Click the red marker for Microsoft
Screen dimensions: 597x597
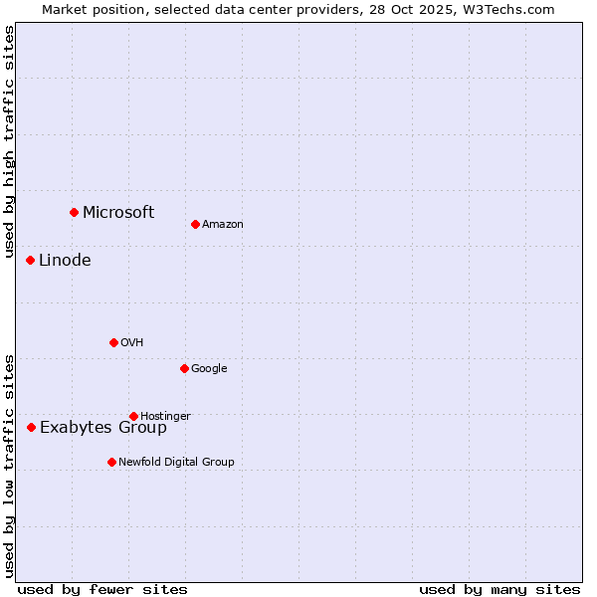[x=74, y=212]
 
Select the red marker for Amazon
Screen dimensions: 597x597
[x=195, y=224]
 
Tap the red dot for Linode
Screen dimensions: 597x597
[x=30, y=260]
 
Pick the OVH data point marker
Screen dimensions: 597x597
[x=113, y=342]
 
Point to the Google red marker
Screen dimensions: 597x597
[x=184, y=368]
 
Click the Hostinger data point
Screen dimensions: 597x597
[x=133, y=416]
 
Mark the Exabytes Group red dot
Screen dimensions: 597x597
[x=31, y=427]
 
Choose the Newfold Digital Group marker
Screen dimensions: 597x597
[x=111, y=462]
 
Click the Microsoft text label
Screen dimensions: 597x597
[x=118, y=212]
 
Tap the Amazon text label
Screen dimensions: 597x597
[x=223, y=224]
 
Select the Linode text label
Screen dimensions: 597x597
[x=65, y=260]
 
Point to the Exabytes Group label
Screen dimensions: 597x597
[x=103, y=428]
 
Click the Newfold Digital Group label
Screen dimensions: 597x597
[x=176, y=462]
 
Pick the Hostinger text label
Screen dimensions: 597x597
[x=165, y=416]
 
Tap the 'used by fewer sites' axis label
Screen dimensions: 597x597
[x=102, y=589]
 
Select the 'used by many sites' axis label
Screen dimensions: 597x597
[x=499, y=589]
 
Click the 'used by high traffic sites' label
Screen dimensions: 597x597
[x=9, y=142]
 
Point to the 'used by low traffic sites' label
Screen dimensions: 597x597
[x=9, y=465]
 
